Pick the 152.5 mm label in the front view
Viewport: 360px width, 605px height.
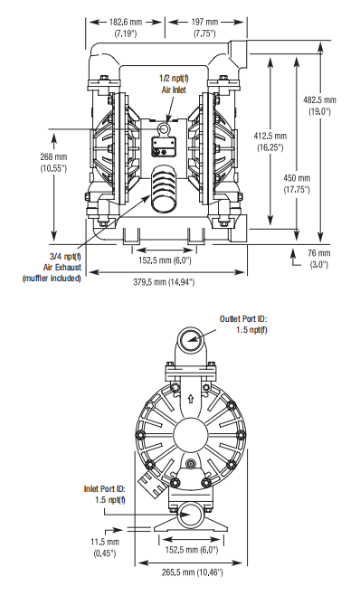(163, 261)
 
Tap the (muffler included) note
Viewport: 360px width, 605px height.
(52, 278)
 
